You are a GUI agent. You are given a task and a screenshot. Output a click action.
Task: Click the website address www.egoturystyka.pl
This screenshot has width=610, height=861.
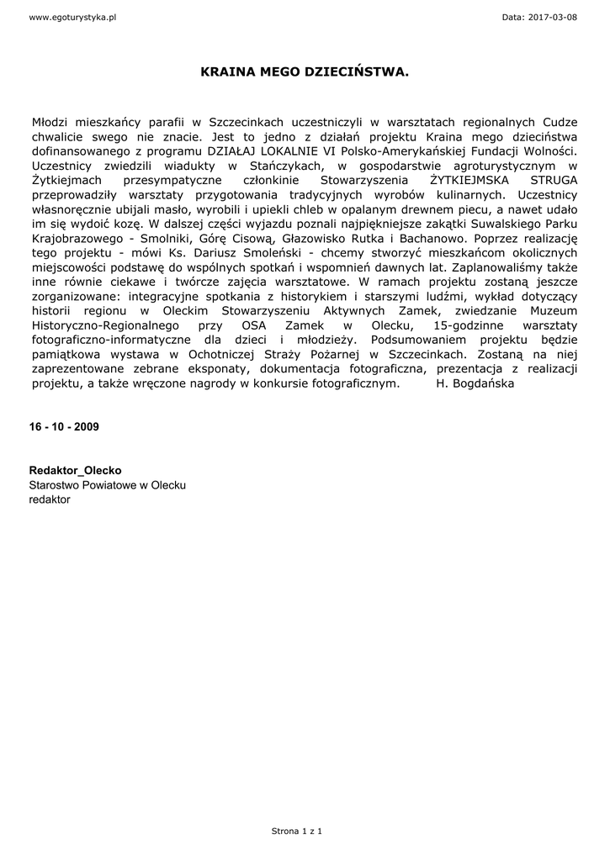pos(72,18)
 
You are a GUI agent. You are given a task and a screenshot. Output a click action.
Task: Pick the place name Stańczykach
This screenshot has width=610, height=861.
pos(283,166)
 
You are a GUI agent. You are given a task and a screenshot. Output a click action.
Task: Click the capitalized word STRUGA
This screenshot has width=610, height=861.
pos(554,180)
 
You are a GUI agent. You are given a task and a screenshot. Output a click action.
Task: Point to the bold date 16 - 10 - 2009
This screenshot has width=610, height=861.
pos(64,426)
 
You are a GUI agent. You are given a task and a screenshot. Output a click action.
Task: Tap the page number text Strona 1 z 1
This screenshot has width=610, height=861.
pos(296,831)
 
